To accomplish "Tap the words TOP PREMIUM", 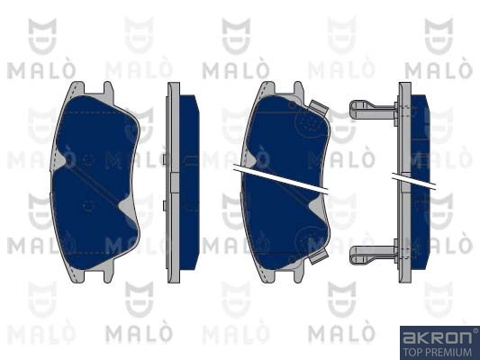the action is point(438,352).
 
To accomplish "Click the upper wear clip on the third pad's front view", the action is point(319,107).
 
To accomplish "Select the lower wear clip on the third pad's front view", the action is point(319,256).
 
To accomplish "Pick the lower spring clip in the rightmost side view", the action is point(374,255).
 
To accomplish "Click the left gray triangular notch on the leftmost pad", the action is point(59,159).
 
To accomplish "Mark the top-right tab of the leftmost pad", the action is point(108,90).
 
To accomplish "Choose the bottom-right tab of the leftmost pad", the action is point(108,274).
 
